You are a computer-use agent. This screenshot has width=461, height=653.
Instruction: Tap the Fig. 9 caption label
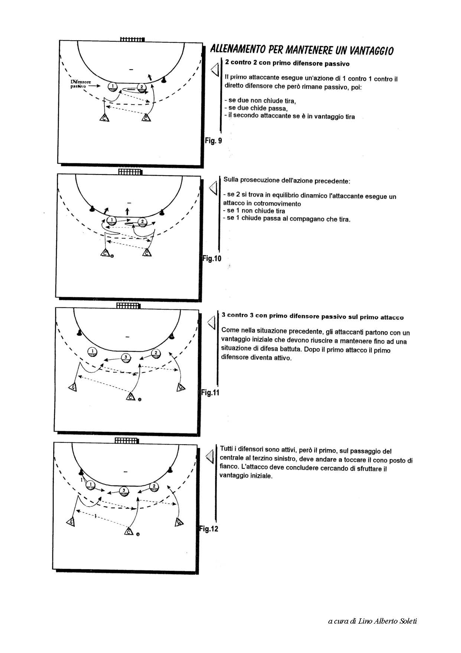point(213,141)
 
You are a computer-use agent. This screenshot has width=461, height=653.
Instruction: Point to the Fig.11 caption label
point(210,392)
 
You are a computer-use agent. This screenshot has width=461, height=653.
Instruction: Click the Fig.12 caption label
point(209,528)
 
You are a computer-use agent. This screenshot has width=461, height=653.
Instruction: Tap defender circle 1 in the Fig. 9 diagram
point(112,87)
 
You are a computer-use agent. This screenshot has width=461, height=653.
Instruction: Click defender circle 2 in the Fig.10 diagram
point(142,222)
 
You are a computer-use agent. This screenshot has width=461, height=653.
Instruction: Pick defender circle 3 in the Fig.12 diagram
point(124,491)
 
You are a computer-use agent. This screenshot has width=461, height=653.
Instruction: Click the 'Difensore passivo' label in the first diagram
point(81,84)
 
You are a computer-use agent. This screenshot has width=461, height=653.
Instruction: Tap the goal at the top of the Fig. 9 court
point(132,39)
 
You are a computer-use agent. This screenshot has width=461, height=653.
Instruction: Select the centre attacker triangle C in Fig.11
point(130,397)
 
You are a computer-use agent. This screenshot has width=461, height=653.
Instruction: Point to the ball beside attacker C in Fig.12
point(138,535)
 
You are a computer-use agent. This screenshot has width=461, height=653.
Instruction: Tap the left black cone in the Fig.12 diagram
point(81,473)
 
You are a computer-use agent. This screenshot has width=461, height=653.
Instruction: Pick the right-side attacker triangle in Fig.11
point(181,387)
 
